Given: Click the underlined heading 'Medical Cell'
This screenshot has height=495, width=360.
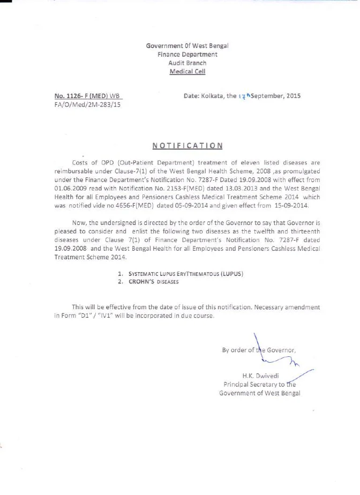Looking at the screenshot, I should click(x=187, y=72).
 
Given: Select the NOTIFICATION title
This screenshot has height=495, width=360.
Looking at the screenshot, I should click(x=187, y=146).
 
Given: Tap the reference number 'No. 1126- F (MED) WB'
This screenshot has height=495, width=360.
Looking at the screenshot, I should click(x=88, y=96).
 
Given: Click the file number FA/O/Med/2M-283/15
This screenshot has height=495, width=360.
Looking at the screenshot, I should click(x=87, y=105).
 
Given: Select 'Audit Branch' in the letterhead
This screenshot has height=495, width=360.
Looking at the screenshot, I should click(x=187, y=63).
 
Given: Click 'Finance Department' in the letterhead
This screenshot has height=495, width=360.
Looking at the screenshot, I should click(x=187, y=55).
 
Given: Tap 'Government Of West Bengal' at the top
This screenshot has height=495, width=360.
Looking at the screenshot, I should click(x=187, y=46).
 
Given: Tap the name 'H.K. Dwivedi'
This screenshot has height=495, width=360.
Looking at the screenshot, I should click(x=260, y=376).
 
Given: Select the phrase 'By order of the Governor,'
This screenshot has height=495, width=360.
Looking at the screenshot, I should click(x=259, y=350).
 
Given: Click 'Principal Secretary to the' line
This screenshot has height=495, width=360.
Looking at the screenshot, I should click(x=259, y=384).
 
